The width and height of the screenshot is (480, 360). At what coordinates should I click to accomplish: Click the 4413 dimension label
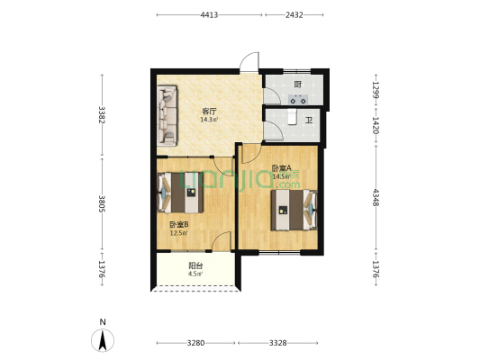(209, 15)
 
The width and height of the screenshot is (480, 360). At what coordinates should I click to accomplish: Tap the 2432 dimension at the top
(294, 15)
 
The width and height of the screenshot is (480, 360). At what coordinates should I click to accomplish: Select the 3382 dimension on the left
(102, 114)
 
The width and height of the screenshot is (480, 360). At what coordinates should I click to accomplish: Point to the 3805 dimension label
(102, 203)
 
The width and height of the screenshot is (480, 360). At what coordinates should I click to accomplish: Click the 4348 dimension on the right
(376, 197)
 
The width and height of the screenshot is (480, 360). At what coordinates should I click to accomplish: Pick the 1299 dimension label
(376, 90)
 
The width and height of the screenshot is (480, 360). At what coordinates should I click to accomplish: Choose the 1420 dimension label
(376, 125)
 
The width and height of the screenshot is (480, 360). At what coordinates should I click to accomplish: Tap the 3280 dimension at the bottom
(196, 343)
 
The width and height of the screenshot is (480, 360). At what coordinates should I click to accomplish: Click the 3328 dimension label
(278, 343)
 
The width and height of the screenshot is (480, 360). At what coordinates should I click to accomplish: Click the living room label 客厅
(209, 111)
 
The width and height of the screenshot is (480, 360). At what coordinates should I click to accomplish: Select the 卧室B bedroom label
(179, 225)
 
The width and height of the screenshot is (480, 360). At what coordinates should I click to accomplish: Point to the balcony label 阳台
(195, 265)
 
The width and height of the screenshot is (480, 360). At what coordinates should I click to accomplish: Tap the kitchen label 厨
(297, 84)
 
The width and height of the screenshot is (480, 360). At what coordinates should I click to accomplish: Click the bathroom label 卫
(309, 121)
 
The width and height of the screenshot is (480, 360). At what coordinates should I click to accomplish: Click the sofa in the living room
(168, 115)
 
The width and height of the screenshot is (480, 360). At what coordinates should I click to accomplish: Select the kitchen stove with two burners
(298, 100)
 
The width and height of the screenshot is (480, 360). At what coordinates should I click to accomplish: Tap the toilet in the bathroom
(293, 117)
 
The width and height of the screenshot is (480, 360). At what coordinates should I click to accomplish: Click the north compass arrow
(103, 340)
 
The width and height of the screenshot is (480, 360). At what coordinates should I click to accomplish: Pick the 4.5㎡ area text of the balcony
(195, 274)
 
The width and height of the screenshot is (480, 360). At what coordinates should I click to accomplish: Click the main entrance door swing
(249, 62)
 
